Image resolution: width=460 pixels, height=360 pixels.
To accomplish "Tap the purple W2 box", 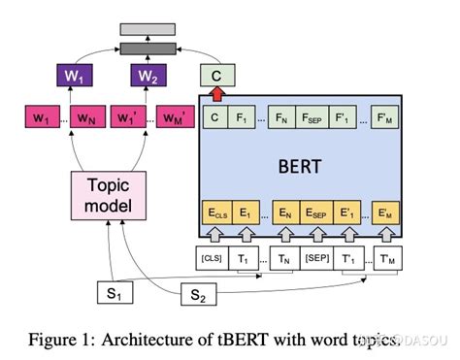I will click(147, 76).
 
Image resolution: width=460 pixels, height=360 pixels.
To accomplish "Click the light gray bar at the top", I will click(148, 28).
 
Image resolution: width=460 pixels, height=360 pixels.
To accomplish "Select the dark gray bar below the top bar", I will click(148, 47).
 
